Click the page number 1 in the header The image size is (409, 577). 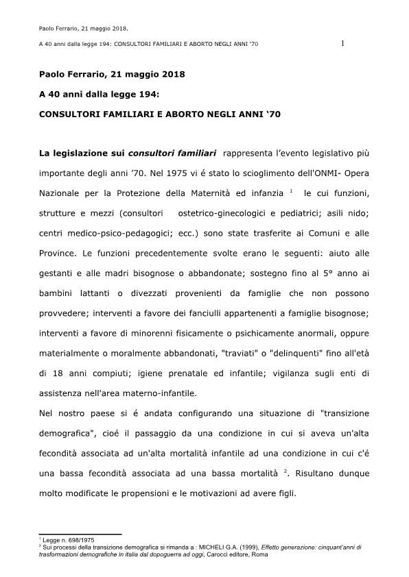(x=342, y=45)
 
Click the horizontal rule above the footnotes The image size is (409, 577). (x=80, y=533)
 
